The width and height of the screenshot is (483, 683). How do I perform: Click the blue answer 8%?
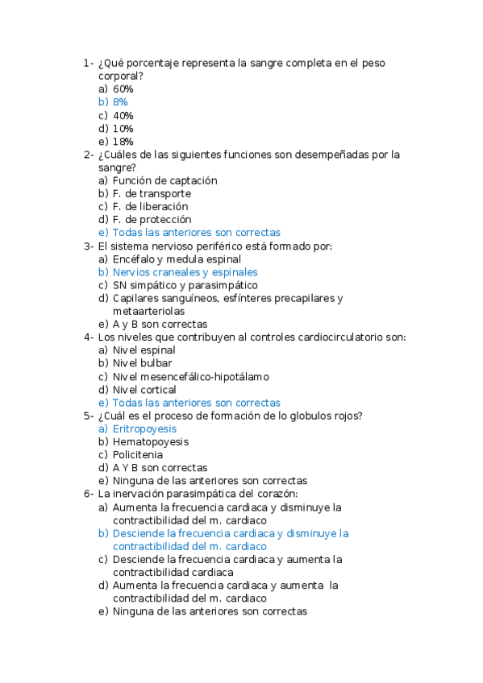tap(120, 102)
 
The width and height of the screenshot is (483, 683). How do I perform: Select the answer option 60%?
tap(123, 89)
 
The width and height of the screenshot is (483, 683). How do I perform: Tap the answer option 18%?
tap(123, 142)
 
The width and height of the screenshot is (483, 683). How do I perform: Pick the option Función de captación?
tap(164, 181)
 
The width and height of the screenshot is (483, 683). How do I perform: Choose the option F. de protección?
tap(152, 219)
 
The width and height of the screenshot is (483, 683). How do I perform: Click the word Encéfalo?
tap(135, 259)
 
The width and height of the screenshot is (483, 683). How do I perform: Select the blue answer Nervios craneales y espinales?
tap(185, 272)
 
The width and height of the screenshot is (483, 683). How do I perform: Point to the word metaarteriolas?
tap(148, 311)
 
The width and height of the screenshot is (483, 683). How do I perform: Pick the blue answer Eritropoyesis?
tap(144, 429)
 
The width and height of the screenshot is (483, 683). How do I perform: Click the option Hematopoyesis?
tap(150, 442)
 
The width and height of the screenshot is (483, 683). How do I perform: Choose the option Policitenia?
tap(137, 455)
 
